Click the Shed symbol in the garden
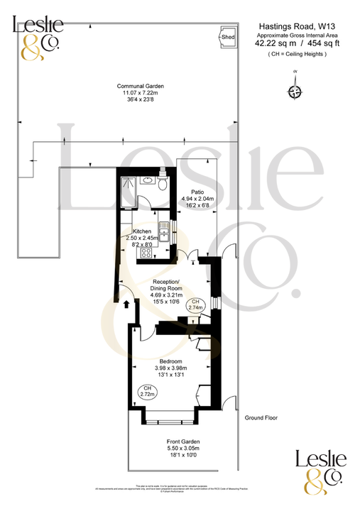click(228, 36)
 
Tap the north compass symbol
click(295, 92)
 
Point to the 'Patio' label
click(197, 192)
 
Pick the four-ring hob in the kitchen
click(148, 251)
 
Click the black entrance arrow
click(127, 304)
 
